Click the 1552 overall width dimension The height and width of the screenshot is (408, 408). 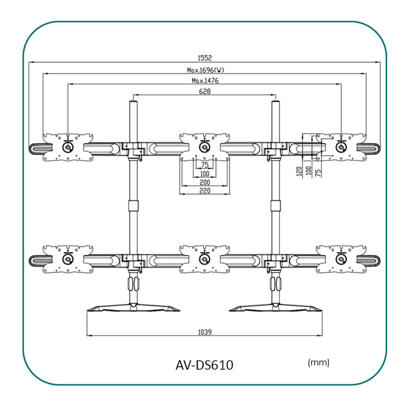(x=204, y=58)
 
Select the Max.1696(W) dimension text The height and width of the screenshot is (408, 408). (x=205, y=70)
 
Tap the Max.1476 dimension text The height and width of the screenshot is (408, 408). (x=205, y=81)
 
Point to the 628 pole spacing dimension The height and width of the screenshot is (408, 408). (x=204, y=91)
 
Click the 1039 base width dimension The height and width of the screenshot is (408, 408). (x=204, y=331)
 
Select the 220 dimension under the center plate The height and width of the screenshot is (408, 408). (x=204, y=190)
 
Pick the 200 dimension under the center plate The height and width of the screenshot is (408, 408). (x=204, y=181)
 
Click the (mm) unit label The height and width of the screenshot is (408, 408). (x=318, y=363)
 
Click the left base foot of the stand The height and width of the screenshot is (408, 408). (x=133, y=308)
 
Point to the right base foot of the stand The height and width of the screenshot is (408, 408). (x=275, y=308)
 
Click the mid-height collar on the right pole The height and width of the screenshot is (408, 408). (x=275, y=205)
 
